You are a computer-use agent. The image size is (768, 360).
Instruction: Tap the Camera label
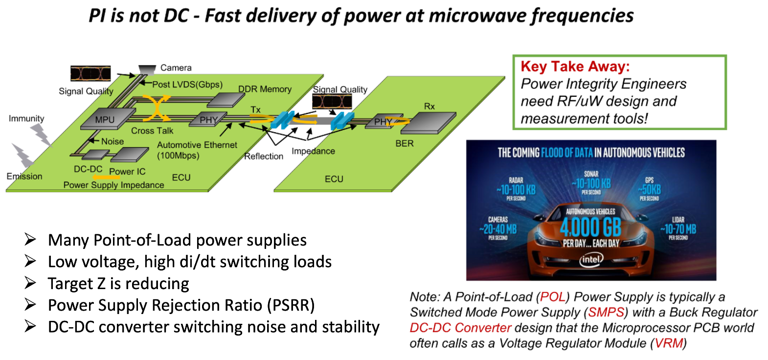tap(176, 68)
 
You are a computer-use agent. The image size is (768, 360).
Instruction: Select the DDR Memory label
tap(265, 89)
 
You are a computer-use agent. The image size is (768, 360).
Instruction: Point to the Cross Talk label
tap(152, 131)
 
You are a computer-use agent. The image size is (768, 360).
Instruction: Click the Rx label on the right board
tap(429, 106)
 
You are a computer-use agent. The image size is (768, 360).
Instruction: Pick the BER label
tap(405, 143)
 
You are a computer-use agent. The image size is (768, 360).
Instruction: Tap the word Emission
tap(24, 176)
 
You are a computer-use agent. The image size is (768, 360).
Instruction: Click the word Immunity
tap(26, 118)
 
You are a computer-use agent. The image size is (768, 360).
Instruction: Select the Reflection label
tap(264, 156)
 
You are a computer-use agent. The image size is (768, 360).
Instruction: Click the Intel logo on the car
tap(591, 259)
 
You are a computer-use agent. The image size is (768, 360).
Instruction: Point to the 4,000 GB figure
tap(590, 227)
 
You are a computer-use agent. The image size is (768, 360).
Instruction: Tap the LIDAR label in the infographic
tap(678, 220)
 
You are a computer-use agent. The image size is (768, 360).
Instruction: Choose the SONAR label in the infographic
tap(591, 174)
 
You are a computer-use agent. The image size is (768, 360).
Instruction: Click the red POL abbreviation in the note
tap(553, 297)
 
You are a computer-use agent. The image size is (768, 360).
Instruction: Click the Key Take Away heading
tap(575, 67)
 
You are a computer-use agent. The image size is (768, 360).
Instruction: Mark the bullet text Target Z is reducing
tap(118, 284)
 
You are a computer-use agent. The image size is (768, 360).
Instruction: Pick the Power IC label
tap(127, 172)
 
